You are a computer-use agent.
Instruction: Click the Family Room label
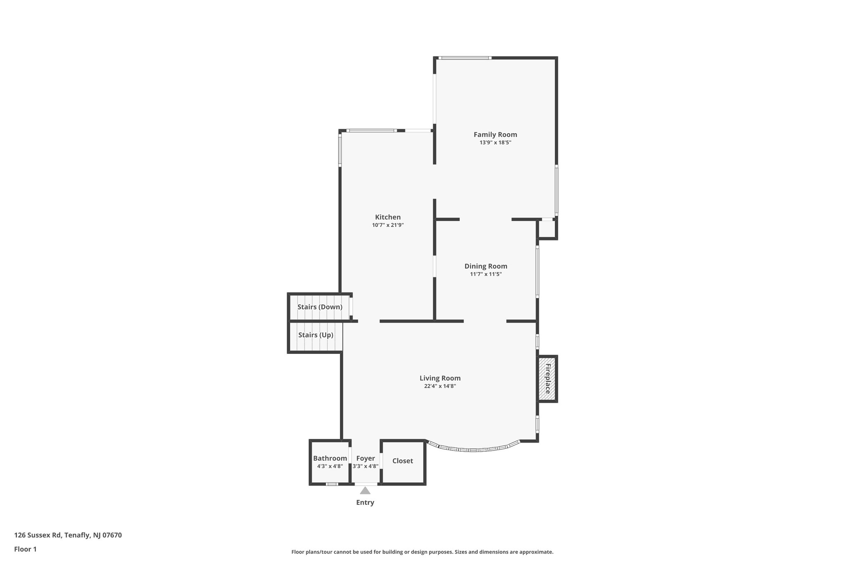click(495, 134)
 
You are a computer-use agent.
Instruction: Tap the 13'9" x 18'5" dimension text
click(495, 143)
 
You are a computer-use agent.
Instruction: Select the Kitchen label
click(387, 217)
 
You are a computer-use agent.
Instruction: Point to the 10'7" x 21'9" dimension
click(387, 225)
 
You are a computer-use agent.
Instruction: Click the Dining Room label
click(486, 266)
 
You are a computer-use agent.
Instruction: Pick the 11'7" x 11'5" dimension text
click(486, 274)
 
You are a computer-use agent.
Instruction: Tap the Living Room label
click(440, 378)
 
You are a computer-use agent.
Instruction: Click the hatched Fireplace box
click(547, 379)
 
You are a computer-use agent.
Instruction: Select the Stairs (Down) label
click(320, 307)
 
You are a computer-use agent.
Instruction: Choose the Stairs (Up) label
click(316, 335)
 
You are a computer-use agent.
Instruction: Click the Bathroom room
click(330, 462)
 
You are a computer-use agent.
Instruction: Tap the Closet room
click(402, 461)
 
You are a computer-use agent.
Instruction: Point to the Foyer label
click(366, 458)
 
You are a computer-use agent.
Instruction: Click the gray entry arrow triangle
click(365, 491)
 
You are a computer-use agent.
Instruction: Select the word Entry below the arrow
click(365, 502)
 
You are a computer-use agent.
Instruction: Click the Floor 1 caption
click(25, 549)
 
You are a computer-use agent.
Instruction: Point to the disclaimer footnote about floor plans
click(422, 552)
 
